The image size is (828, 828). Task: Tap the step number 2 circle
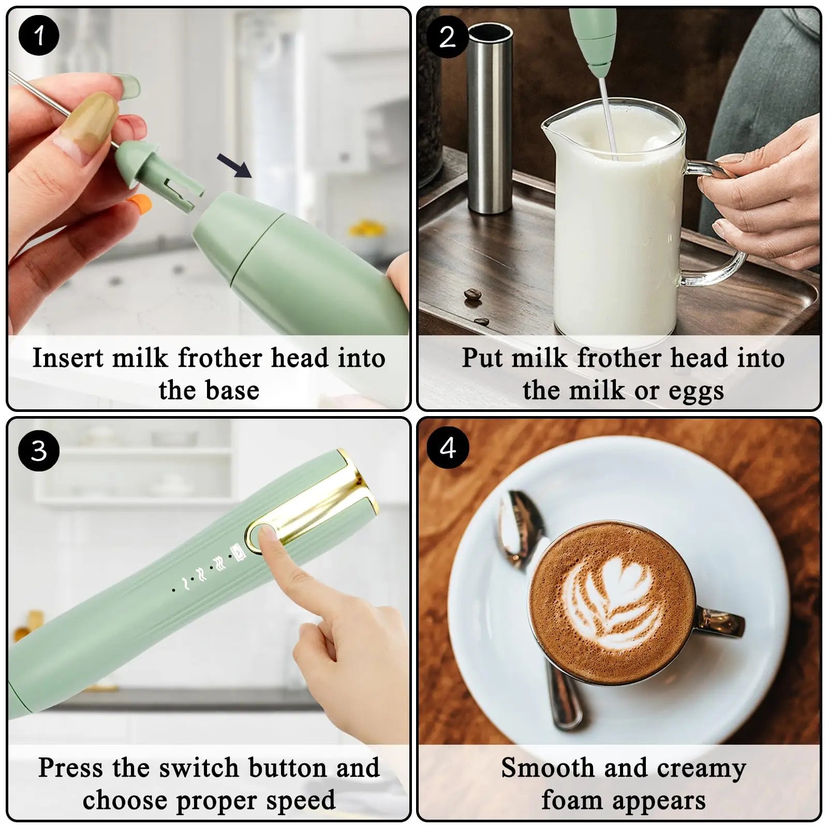[448, 37]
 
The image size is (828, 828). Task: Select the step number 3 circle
[39, 450]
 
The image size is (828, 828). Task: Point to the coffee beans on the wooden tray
[472, 295]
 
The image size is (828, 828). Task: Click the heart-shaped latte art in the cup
[616, 600]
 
